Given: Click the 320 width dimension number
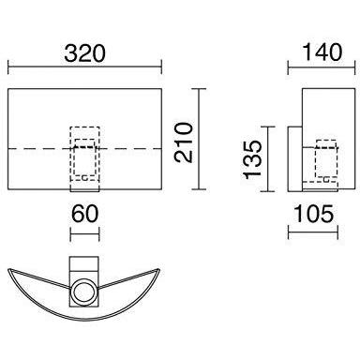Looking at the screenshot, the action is [85, 53].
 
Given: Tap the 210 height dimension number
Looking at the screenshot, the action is [184, 142].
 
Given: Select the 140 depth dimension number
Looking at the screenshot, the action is [322, 52].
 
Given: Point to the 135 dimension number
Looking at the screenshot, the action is [252, 160].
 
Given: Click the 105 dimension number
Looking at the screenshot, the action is [314, 214].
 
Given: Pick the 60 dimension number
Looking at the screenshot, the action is [85, 214].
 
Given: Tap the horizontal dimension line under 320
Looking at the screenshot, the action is [84, 67].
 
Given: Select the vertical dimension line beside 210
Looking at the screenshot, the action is [199, 139].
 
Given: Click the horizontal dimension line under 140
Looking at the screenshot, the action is [322, 67].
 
